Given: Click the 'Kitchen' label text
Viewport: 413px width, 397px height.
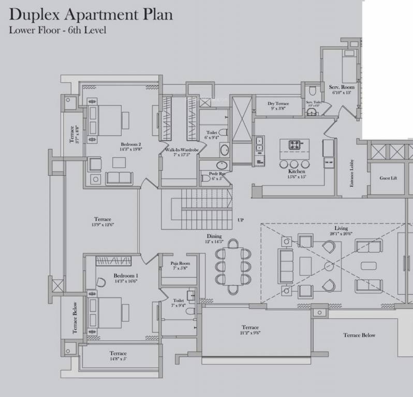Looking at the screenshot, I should click(x=297, y=172).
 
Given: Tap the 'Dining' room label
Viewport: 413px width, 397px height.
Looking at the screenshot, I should click(x=214, y=236).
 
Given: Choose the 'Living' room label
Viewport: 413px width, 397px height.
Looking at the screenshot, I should click(x=341, y=228).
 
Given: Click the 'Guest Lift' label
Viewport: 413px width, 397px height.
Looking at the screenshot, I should click(x=388, y=178).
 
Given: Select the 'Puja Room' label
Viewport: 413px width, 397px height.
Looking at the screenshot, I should click(x=180, y=264).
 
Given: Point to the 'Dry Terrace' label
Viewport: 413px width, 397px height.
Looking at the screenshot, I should click(x=278, y=104).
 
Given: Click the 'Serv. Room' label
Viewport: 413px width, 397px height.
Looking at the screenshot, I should click(x=341, y=87).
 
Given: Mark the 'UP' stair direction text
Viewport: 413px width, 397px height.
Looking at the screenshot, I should click(x=240, y=220).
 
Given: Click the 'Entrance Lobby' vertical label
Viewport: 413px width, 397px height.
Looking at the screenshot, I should click(x=351, y=173).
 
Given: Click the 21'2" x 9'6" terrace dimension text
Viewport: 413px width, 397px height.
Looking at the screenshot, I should click(x=250, y=333).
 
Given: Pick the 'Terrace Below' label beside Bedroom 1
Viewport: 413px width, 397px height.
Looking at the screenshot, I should click(x=75, y=317).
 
